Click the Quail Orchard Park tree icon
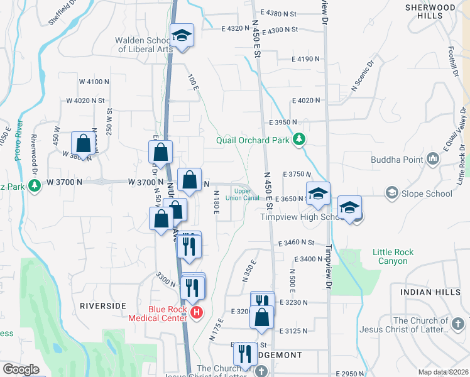[x=300, y=139]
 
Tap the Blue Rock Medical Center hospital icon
[x=197, y=312]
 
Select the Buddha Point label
[x=397, y=160]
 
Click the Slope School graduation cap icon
[x=393, y=192]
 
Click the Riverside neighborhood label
[x=104, y=305]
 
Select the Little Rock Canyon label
[x=393, y=256]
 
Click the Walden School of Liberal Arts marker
[x=182, y=36]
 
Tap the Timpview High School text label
[x=300, y=217]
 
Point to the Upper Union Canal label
[x=247, y=195]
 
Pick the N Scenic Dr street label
[x=363, y=75]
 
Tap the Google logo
[x=21, y=369]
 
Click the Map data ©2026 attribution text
[x=442, y=372]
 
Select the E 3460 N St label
[x=295, y=242]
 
